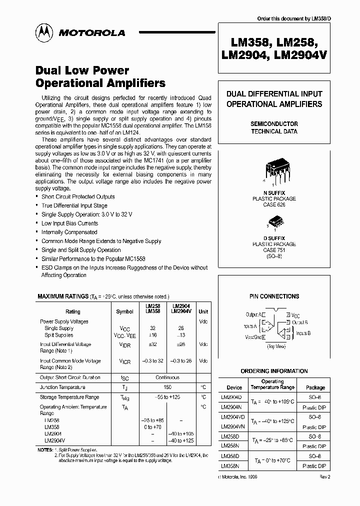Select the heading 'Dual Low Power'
[x=83, y=70]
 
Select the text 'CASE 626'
[x=274, y=205]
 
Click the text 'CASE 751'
[x=274, y=250]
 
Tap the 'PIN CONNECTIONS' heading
[x=274, y=296]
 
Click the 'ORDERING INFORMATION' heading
[x=274, y=371]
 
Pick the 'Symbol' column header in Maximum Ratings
[x=124, y=311]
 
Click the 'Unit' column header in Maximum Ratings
[x=203, y=311]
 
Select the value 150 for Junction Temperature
[x=167, y=387]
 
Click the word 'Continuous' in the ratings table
[x=167, y=378]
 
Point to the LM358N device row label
[x=230, y=466]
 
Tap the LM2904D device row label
[x=231, y=397]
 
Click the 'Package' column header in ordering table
[x=315, y=387]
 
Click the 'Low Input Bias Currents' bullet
[x=69, y=223]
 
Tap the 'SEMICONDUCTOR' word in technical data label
[x=274, y=123]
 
